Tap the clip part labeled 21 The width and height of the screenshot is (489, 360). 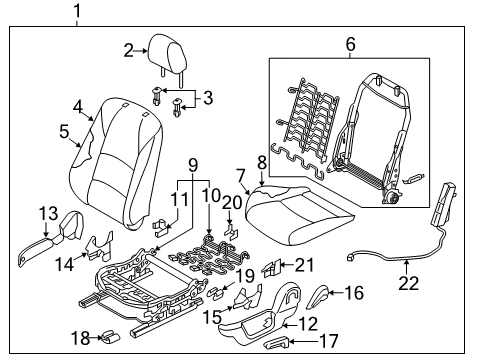271,267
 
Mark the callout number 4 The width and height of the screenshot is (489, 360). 78,104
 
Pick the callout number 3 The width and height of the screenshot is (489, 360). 207,96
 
